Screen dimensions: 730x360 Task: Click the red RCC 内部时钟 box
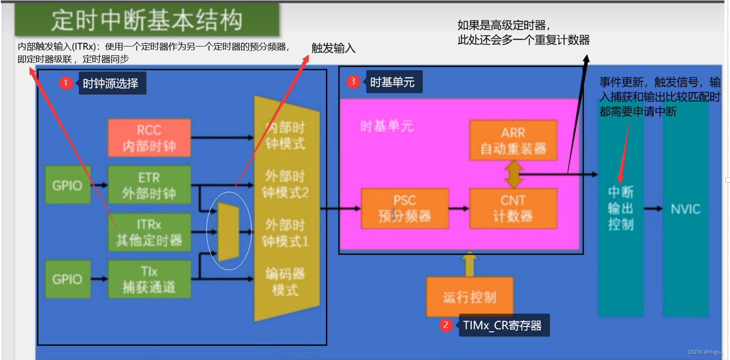[x=149, y=138]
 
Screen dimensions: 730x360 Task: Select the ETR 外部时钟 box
[x=149, y=185]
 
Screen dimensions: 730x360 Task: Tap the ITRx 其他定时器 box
[x=149, y=232]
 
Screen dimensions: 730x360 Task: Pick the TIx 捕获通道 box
[x=149, y=279]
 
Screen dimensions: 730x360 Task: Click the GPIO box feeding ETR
[x=67, y=185]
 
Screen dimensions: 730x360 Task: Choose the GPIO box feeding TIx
[x=67, y=279]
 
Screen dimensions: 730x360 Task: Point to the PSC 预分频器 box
[x=404, y=208]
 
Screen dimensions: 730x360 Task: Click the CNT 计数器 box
[x=513, y=208]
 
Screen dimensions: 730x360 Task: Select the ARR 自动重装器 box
[x=513, y=140]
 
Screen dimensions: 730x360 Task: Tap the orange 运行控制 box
[x=469, y=297]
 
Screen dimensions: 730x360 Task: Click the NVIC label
[x=685, y=209]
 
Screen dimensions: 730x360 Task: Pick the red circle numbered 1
[x=65, y=83]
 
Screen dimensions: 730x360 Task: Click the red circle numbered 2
[x=445, y=325]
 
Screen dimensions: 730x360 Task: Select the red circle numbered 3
[x=353, y=82]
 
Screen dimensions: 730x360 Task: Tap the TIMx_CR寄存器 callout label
[x=502, y=325]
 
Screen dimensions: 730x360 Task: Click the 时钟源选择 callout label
[x=111, y=83]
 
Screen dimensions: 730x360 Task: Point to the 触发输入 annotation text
[x=333, y=48]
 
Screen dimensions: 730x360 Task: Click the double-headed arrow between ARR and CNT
[x=514, y=174]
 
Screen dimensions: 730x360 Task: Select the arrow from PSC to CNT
[x=459, y=208]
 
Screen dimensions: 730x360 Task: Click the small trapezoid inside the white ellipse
[x=228, y=231]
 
